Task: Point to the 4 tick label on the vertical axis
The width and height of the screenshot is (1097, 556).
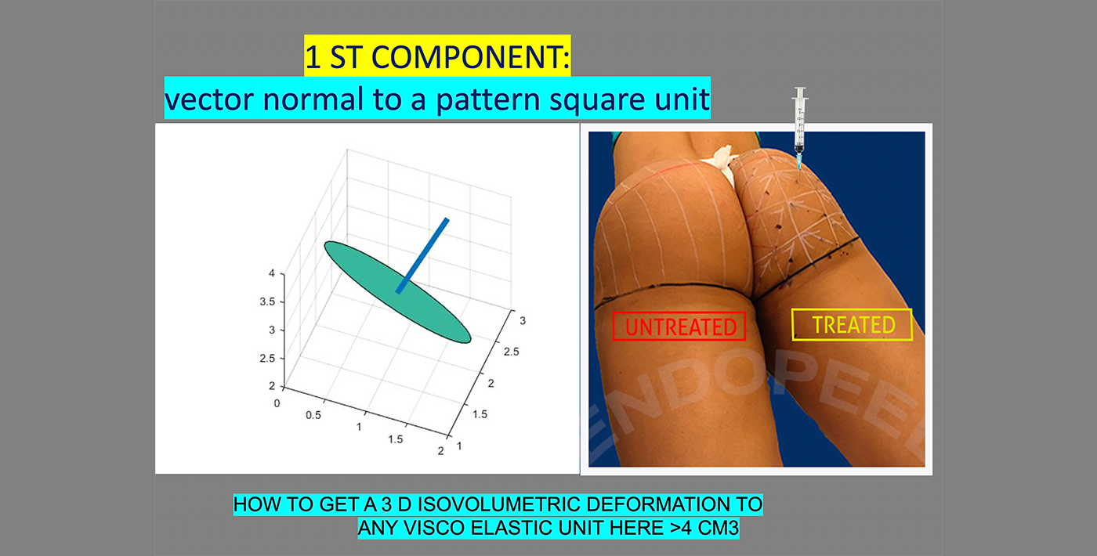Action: click(272, 273)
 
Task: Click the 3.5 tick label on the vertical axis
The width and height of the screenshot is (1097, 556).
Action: click(267, 301)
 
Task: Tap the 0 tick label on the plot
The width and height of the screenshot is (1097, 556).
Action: click(277, 403)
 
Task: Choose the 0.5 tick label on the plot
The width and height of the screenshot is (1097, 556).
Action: click(313, 415)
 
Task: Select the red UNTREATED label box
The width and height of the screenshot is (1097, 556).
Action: click(679, 326)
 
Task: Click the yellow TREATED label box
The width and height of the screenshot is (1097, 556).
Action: click(853, 324)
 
